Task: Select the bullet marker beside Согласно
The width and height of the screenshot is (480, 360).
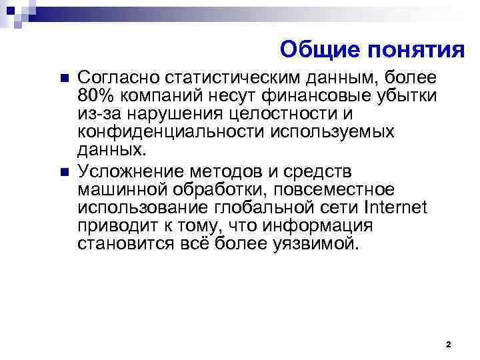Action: (x=64, y=79)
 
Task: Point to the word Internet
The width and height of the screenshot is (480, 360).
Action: (x=395, y=206)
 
